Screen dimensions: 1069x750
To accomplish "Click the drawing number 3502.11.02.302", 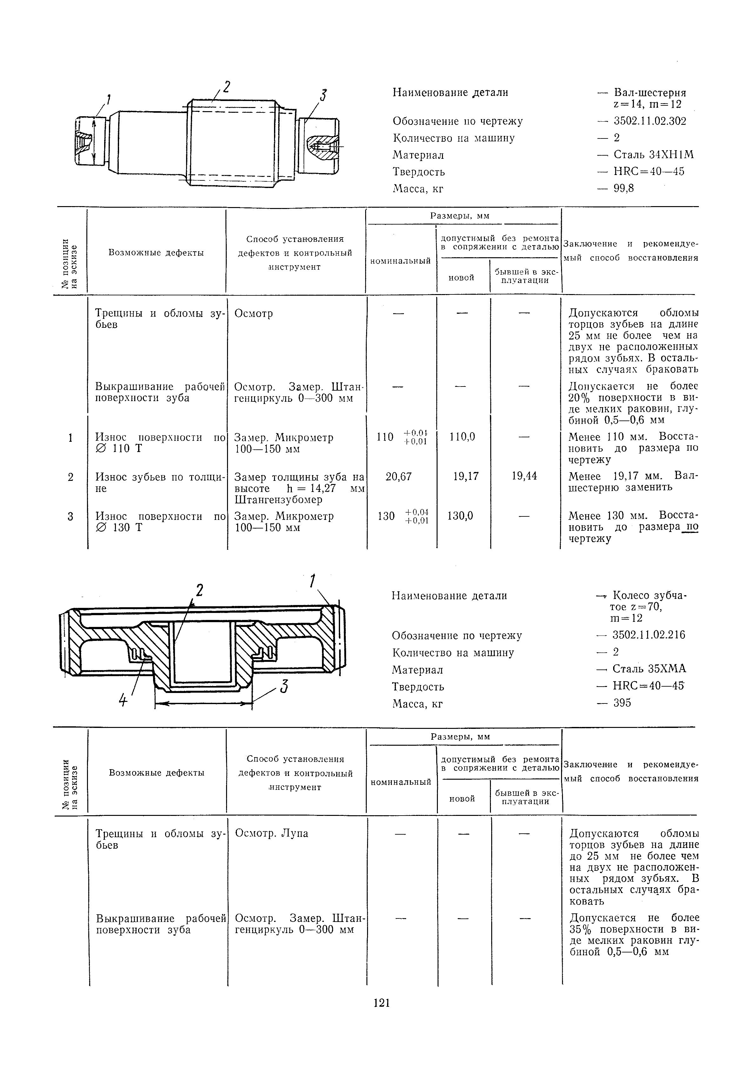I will (650, 121).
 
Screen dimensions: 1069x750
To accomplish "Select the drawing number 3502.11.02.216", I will (649, 635).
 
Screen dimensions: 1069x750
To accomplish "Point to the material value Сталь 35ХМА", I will (649, 669).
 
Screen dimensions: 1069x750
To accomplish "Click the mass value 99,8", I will (624, 189).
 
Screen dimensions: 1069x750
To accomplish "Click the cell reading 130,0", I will (460, 516).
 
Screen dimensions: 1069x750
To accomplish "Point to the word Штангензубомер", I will (278, 500).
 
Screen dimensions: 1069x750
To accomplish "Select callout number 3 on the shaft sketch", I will (323, 96).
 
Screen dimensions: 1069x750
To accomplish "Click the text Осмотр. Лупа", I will (271, 833).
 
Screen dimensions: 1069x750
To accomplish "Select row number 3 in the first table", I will (70, 516).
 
